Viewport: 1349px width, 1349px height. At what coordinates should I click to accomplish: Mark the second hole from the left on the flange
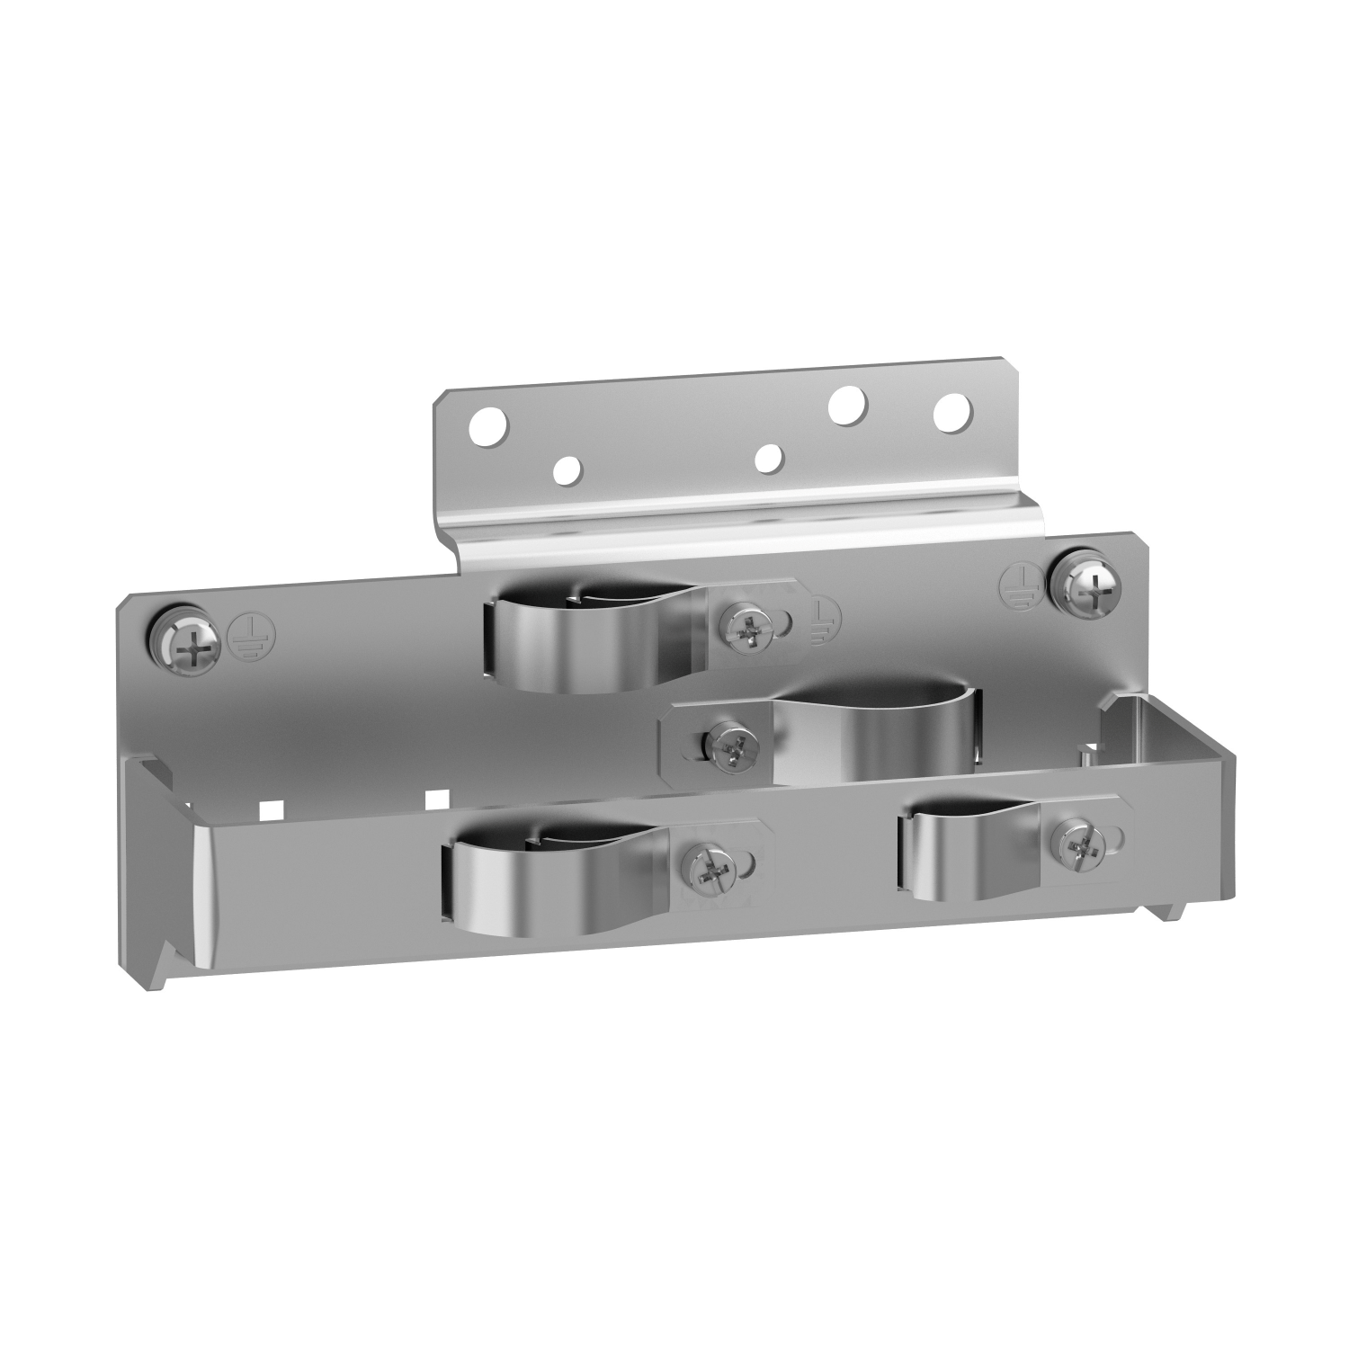(x=567, y=469)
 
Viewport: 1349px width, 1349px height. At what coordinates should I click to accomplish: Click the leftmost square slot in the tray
(x=267, y=809)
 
